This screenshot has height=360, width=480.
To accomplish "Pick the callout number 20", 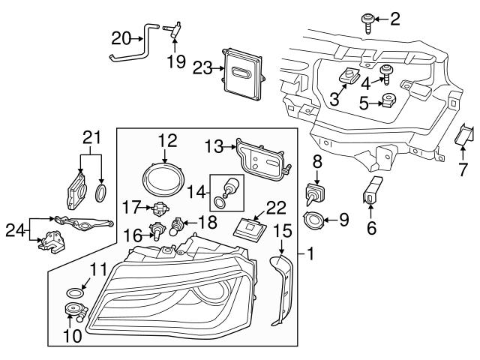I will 120,37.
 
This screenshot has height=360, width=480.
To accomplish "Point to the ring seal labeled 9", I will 316,220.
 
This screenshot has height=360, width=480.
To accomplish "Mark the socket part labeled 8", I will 316,193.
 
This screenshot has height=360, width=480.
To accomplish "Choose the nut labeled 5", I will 389,100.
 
